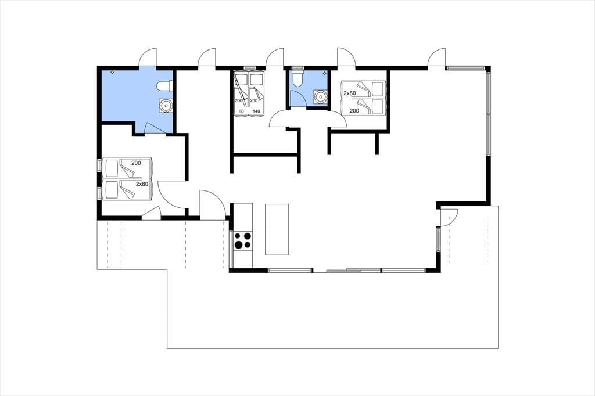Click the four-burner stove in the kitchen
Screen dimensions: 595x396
[242, 240]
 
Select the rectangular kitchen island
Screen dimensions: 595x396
[277, 229]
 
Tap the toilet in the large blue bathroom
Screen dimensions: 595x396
[165, 87]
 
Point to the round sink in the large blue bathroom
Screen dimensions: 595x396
[166, 106]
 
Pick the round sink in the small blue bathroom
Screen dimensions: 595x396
[321, 97]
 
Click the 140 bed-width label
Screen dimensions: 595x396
[256, 111]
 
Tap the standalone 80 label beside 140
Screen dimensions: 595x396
[241, 111]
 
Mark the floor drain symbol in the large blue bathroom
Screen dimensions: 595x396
[112, 72]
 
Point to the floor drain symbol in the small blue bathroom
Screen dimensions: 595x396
[324, 73]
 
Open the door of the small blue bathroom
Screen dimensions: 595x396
[298, 99]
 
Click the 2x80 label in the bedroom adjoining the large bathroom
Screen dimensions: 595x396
[142, 184]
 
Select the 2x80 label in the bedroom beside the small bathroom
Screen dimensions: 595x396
[349, 93]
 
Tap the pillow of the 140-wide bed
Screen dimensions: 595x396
[256, 79]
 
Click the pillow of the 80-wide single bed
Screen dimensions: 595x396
[241, 79]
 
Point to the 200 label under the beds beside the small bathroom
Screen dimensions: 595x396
[354, 111]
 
